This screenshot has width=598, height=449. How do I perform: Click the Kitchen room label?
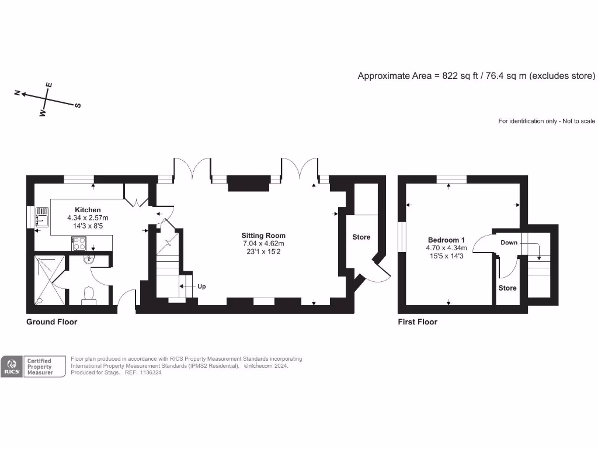[x=88, y=210]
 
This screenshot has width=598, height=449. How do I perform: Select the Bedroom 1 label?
[x=447, y=240]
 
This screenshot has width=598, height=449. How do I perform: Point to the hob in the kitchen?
[x=79, y=243]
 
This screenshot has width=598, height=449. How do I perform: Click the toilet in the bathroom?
[x=89, y=294]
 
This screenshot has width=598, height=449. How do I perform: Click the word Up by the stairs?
[x=201, y=286]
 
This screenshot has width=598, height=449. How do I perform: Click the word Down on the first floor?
[x=509, y=243]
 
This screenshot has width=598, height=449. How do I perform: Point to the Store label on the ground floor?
[x=361, y=237]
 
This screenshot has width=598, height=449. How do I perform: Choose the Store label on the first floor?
[x=507, y=288]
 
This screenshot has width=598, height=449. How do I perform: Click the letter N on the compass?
[x=18, y=92]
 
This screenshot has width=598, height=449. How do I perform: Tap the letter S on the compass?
[x=78, y=106]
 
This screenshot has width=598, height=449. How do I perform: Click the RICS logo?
[x=12, y=367]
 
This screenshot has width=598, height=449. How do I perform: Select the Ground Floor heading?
[x=51, y=322]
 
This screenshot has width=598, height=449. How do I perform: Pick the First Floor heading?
[x=417, y=322]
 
